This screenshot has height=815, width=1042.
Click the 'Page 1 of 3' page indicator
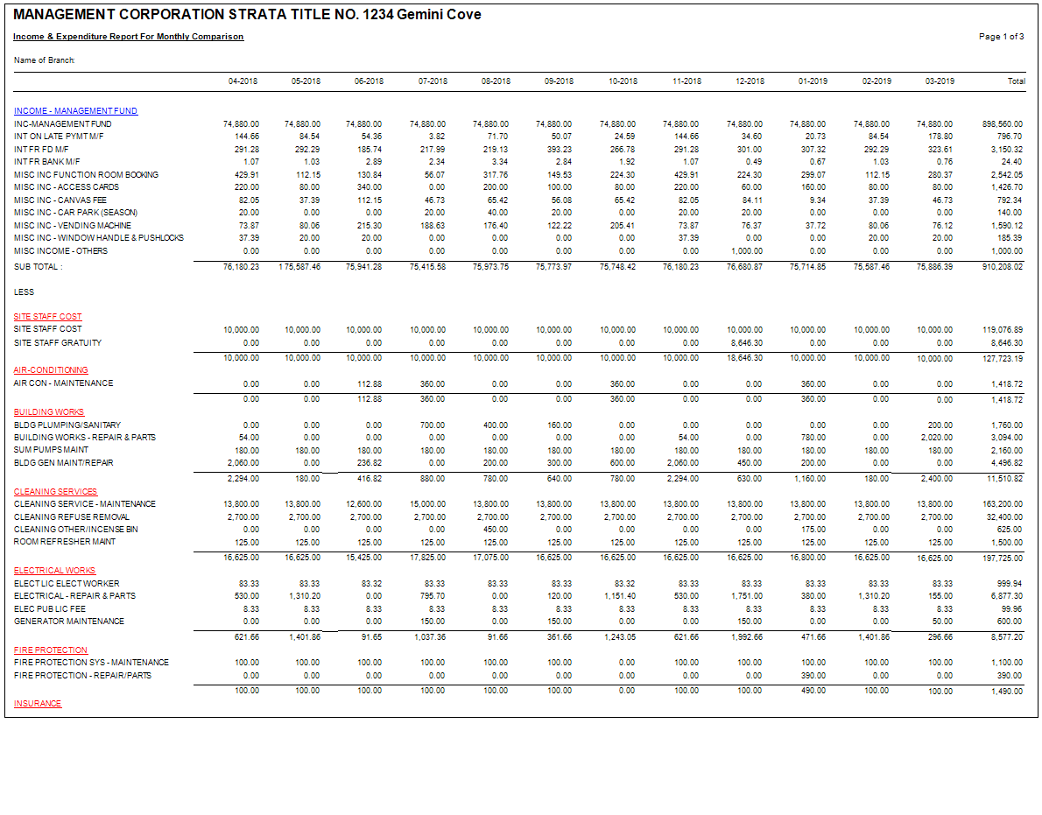[1001, 37]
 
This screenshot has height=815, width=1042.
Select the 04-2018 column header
[243, 81]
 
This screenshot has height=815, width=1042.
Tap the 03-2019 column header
[940, 81]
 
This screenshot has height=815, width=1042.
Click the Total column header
[1016, 81]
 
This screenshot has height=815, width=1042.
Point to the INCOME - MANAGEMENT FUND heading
[75, 111]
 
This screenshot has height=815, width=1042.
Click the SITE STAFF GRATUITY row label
[58, 342]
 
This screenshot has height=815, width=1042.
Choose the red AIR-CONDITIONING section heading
[51, 370]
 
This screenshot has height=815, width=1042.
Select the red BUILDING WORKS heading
[49, 411]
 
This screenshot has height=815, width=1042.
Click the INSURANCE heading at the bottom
[38, 704]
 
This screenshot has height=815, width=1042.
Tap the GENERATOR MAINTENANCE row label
[69, 621]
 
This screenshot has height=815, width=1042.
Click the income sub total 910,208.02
[1002, 266]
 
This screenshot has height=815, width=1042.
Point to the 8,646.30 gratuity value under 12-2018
[744, 342]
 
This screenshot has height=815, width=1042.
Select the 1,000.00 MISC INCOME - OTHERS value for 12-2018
[746, 250]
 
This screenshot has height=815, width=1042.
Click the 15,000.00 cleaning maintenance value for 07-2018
[429, 504]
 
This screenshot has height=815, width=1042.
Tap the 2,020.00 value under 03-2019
[936, 437]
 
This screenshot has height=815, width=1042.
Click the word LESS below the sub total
[25, 292]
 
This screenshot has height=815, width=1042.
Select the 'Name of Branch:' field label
[45, 60]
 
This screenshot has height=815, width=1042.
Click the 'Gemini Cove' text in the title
[439, 15]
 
